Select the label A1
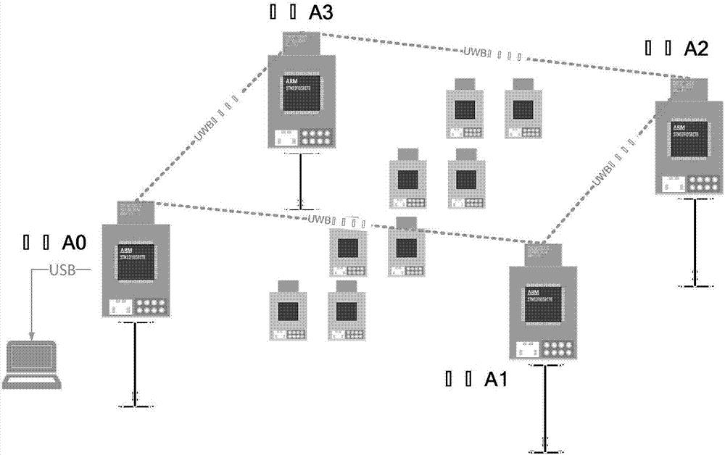[x=497, y=379]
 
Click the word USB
[x=59, y=271]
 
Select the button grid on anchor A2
[x=703, y=184]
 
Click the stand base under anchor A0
[x=135, y=404]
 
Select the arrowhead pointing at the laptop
[x=31, y=335]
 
